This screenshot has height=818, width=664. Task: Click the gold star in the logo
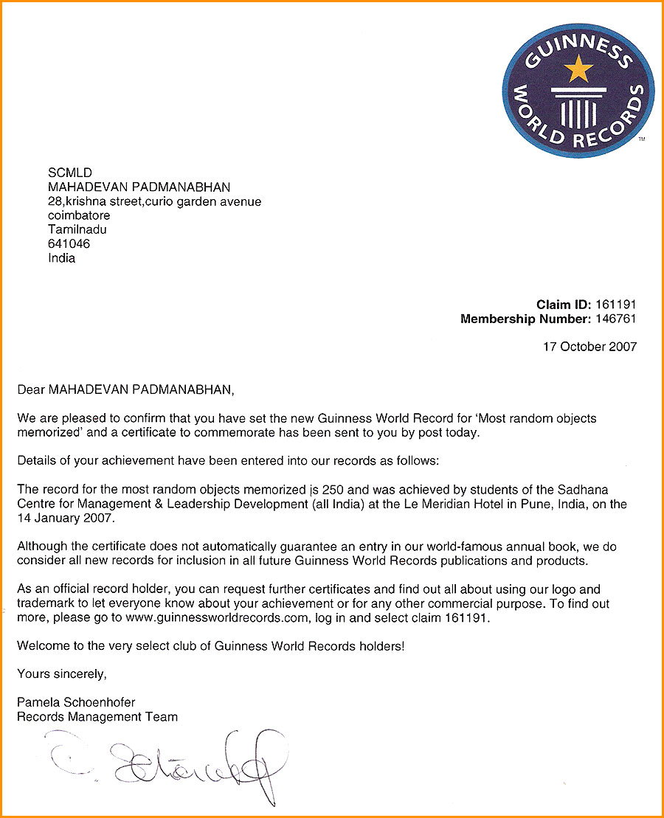pyautogui.click(x=578, y=69)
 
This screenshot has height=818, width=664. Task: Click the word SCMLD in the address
pyautogui.click(x=69, y=173)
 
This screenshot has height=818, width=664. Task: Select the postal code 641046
pyautogui.click(x=69, y=244)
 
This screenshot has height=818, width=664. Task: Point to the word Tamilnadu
pyautogui.click(x=77, y=229)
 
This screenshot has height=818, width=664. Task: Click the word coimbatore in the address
pyautogui.click(x=79, y=215)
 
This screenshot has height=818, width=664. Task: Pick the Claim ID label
pyautogui.click(x=563, y=304)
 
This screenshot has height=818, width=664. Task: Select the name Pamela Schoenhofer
pyautogui.click(x=76, y=701)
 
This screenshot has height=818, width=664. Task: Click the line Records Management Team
pyautogui.click(x=97, y=716)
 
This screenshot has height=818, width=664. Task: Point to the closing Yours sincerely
pyautogui.click(x=62, y=673)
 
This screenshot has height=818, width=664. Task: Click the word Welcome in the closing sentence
pyautogui.click(x=44, y=645)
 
